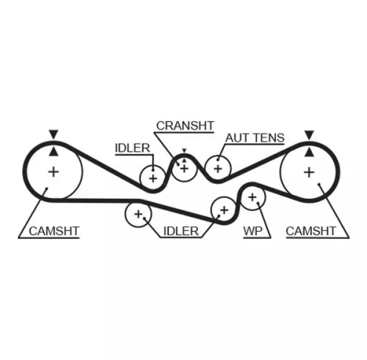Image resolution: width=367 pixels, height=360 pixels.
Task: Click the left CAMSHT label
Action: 54,232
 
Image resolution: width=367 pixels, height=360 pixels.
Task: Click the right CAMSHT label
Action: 310,232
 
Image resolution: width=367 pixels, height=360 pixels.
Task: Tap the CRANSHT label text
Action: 184,126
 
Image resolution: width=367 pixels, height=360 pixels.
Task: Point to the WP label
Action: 252,232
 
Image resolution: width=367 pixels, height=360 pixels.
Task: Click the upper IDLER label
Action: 132,148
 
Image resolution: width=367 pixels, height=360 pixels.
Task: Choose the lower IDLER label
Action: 181,232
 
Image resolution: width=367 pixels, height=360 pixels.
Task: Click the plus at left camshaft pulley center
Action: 53,172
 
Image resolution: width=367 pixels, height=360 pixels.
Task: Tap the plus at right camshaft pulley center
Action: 309,172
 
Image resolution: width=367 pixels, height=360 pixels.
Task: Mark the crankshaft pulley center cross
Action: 183,169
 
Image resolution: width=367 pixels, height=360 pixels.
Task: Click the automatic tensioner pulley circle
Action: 217,168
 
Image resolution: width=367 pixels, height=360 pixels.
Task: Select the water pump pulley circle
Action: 252,197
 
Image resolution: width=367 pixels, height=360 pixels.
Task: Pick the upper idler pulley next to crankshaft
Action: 153,177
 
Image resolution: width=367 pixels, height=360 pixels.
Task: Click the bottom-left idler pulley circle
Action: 137,214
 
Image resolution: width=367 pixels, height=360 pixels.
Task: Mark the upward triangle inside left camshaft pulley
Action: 52,152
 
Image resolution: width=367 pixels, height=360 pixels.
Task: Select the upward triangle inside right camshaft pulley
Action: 309,152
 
